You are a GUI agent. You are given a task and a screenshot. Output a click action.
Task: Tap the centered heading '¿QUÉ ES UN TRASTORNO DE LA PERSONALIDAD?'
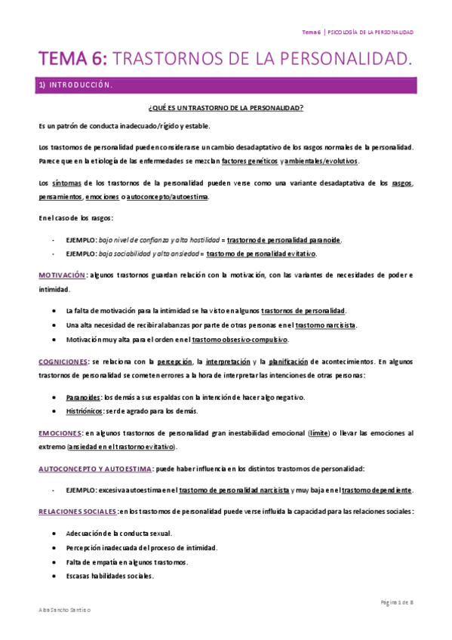pos(226,108)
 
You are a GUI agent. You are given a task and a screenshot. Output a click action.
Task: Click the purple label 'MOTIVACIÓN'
pos(62,275)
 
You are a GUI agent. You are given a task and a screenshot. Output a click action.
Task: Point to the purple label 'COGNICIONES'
pos(63,362)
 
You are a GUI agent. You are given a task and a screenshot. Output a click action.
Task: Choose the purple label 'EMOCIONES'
pos(60,433)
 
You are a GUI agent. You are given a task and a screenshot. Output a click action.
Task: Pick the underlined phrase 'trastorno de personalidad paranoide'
pos(284,240)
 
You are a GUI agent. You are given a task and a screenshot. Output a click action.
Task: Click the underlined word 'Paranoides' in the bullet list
pos(83,397)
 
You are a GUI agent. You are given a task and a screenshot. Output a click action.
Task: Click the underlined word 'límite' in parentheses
pos(318,433)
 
